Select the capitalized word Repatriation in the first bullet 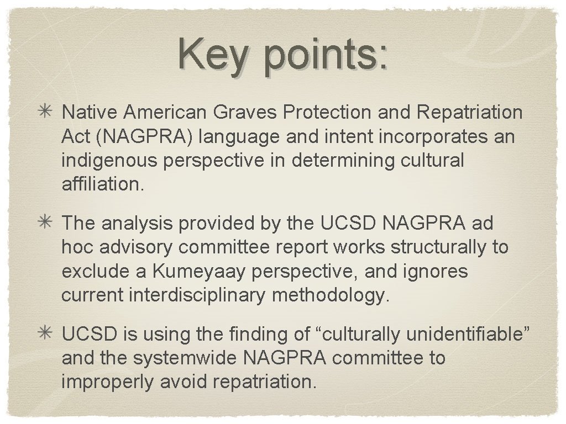pyautogui.click(x=470, y=113)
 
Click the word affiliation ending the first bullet pyautogui.click(x=103, y=184)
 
